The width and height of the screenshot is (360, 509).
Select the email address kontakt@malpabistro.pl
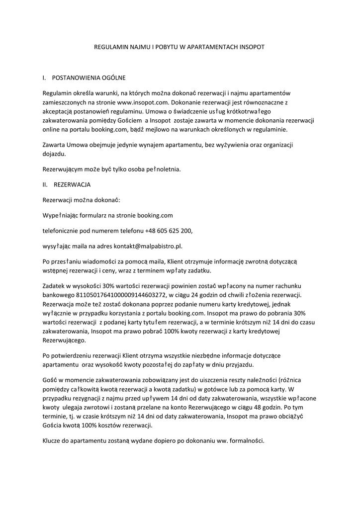pyautogui.click(x=154, y=246)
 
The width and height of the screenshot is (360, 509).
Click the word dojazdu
pyautogui.click(x=54, y=154)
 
